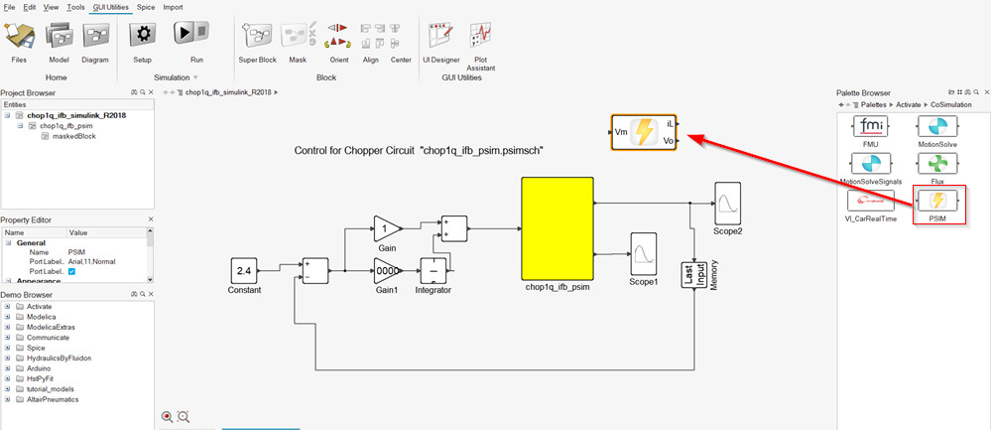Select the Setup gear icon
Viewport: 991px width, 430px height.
(143, 36)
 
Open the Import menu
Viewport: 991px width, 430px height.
(173, 7)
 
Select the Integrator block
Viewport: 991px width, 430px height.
(434, 270)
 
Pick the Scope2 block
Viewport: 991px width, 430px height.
(727, 204)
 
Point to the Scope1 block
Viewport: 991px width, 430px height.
(644, 254)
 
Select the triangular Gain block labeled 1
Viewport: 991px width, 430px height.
(387, 227)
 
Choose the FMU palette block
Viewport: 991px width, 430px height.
(870, 130)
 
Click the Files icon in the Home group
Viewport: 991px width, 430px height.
(19, 37)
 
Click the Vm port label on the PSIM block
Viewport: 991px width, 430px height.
(621, 130)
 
